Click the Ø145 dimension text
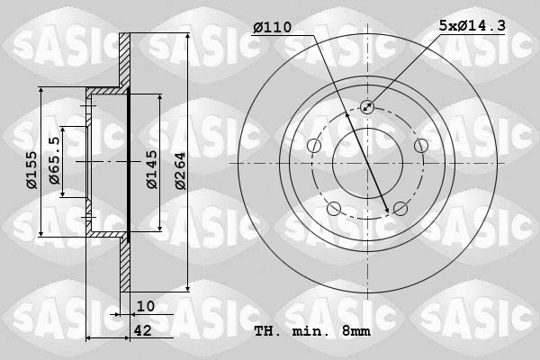[x=152, y=168]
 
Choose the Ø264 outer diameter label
[x=180, y=168]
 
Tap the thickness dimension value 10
[x=146, y=306]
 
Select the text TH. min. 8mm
[x=312, y=330]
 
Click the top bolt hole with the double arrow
[x=367, y=107]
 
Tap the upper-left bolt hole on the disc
[x=314, y=146]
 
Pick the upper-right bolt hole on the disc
[x=420, y=146]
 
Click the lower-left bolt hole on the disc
[x=334, y=209]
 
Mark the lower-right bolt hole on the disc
[x=400, y=209]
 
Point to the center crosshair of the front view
[x=367, y=163]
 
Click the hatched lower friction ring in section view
[x=125, y=265]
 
